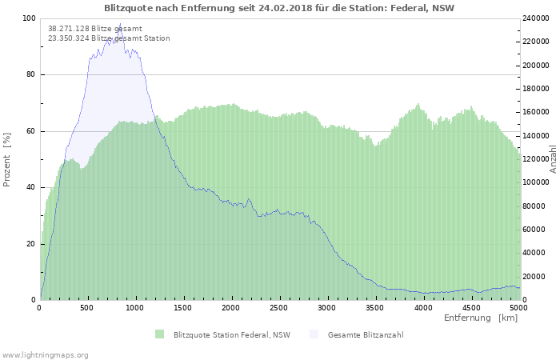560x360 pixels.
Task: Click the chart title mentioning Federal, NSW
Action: (279, 8)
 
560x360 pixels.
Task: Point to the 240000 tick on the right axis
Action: (536, 18)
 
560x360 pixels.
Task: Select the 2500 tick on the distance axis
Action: (278, 308)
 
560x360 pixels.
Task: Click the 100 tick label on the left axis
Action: (29, 18)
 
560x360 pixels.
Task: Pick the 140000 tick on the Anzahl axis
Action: (536, 136)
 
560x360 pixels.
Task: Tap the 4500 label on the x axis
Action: (471, 308)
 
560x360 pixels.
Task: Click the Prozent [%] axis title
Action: (6, 160)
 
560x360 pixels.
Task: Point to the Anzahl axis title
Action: (553, 159)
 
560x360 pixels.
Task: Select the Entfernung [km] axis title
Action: (481, 318)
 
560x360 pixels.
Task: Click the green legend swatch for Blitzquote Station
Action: (160, 334)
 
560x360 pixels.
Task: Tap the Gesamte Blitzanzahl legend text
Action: (366, 335)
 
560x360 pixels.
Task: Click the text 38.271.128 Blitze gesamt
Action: (95, 29)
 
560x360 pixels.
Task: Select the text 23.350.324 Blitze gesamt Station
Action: (109, 38)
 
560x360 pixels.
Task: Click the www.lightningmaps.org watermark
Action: (45, 355)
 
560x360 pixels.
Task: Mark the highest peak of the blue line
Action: (120, 23)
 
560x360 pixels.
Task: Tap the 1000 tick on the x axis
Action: (134, 308)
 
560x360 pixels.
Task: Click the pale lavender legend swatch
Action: (314, 334)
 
